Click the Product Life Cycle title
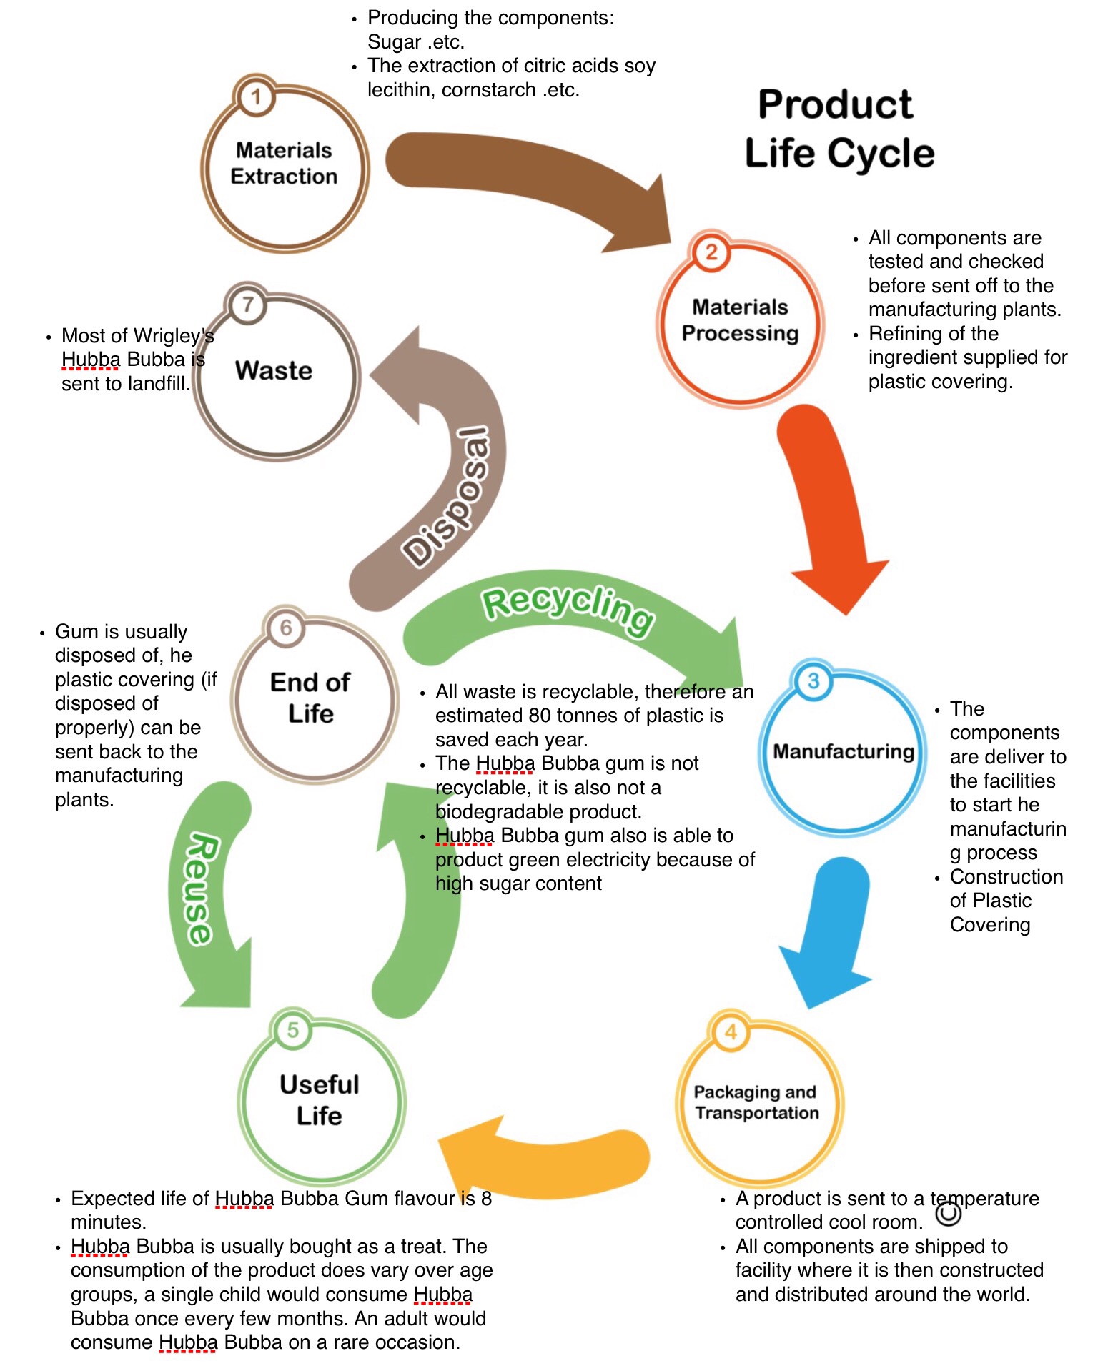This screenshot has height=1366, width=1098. pos(838,129)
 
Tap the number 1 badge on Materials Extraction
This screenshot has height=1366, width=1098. pos(255,96)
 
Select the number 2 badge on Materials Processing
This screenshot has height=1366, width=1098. pos(711,252)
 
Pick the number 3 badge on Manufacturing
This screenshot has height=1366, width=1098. pos(813,680)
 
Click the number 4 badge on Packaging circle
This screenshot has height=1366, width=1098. pos(731,1031)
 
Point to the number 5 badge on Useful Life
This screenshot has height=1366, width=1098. pos(293,1030)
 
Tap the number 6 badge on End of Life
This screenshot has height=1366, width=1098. pos(286,628)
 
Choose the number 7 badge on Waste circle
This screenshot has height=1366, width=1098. pos(247,305)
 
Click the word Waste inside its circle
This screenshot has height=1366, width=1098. pos(274,370)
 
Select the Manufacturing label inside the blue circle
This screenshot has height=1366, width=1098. pos(844,751)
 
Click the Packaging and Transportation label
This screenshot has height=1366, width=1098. pos(756,1102)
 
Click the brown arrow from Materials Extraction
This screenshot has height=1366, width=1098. pos(529,179)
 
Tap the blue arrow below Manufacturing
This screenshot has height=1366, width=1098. pos(829,929)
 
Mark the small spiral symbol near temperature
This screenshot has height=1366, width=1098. pos(949,1213)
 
